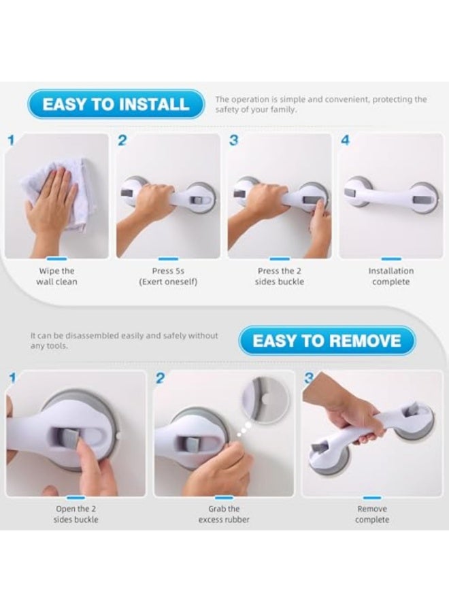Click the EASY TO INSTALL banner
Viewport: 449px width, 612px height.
(116, 104)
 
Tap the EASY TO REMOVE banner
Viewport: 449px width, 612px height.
(327, 341)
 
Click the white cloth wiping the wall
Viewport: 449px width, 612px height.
(54, 194)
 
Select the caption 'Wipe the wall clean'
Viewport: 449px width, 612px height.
(56, 276)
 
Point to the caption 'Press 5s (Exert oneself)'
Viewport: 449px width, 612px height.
(168, 276)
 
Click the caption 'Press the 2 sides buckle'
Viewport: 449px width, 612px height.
(280, 276)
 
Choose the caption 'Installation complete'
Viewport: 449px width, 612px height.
(390, 276)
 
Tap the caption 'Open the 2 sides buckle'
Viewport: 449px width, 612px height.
(76, 514)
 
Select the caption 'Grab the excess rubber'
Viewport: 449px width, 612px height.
(224, 514)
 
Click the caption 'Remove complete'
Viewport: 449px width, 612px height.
(372, 514)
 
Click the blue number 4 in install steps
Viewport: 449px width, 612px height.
(345, 141)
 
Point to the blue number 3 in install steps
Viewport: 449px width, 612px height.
(233, 141)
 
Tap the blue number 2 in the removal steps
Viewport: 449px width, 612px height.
(160, 378)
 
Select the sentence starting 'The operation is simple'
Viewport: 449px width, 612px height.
(321, 104)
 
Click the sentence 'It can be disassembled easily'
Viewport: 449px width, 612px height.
(124, 341)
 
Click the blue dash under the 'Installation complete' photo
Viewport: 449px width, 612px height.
(391, 259)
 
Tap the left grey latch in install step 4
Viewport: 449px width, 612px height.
(351, 192)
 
